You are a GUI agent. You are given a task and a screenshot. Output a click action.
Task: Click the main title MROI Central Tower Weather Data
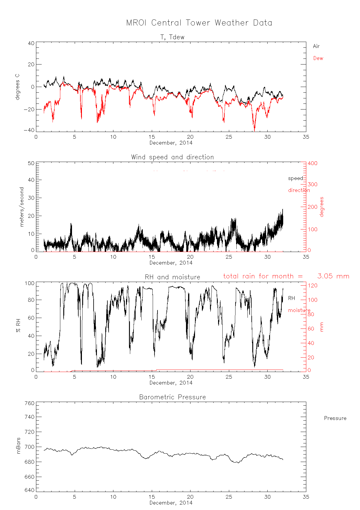199,23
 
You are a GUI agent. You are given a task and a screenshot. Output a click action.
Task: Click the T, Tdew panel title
172,37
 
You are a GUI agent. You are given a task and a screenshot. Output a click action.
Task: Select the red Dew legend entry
318,58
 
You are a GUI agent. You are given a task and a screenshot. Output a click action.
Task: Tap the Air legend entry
316,46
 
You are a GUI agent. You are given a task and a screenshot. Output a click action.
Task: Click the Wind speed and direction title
172,157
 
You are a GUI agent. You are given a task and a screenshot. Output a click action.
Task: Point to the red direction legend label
299,190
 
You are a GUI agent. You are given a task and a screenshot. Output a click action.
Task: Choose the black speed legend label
295,178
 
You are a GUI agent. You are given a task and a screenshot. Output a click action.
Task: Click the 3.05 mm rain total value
333,276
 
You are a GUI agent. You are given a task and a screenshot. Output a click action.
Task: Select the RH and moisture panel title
172,277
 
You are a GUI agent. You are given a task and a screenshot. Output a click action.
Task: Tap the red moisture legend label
299,310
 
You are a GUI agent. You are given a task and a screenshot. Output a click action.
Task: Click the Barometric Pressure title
172,397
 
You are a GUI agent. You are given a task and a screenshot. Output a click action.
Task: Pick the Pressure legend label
335,418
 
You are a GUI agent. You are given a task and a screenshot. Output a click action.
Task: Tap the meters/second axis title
22,207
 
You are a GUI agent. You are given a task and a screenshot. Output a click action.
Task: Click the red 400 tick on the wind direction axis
312,163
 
